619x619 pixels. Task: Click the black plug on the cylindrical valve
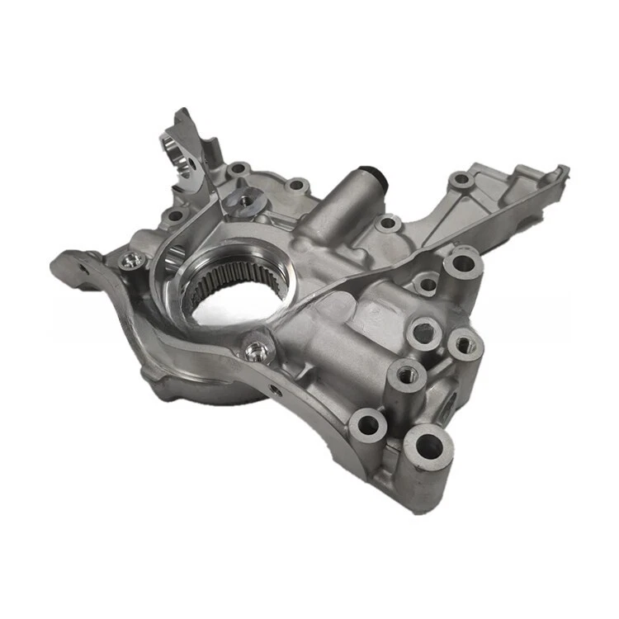(x=376, y=177)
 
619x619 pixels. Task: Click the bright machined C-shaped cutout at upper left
(x=191, y=153)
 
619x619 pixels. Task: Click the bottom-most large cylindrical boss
(x=429, y=450)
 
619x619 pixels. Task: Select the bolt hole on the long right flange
(x=461, y=180)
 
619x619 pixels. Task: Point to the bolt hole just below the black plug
(x=386, y=223)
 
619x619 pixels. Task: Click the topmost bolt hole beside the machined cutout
(x=239, y=168)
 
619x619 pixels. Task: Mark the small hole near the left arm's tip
(x=83, y=268)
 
